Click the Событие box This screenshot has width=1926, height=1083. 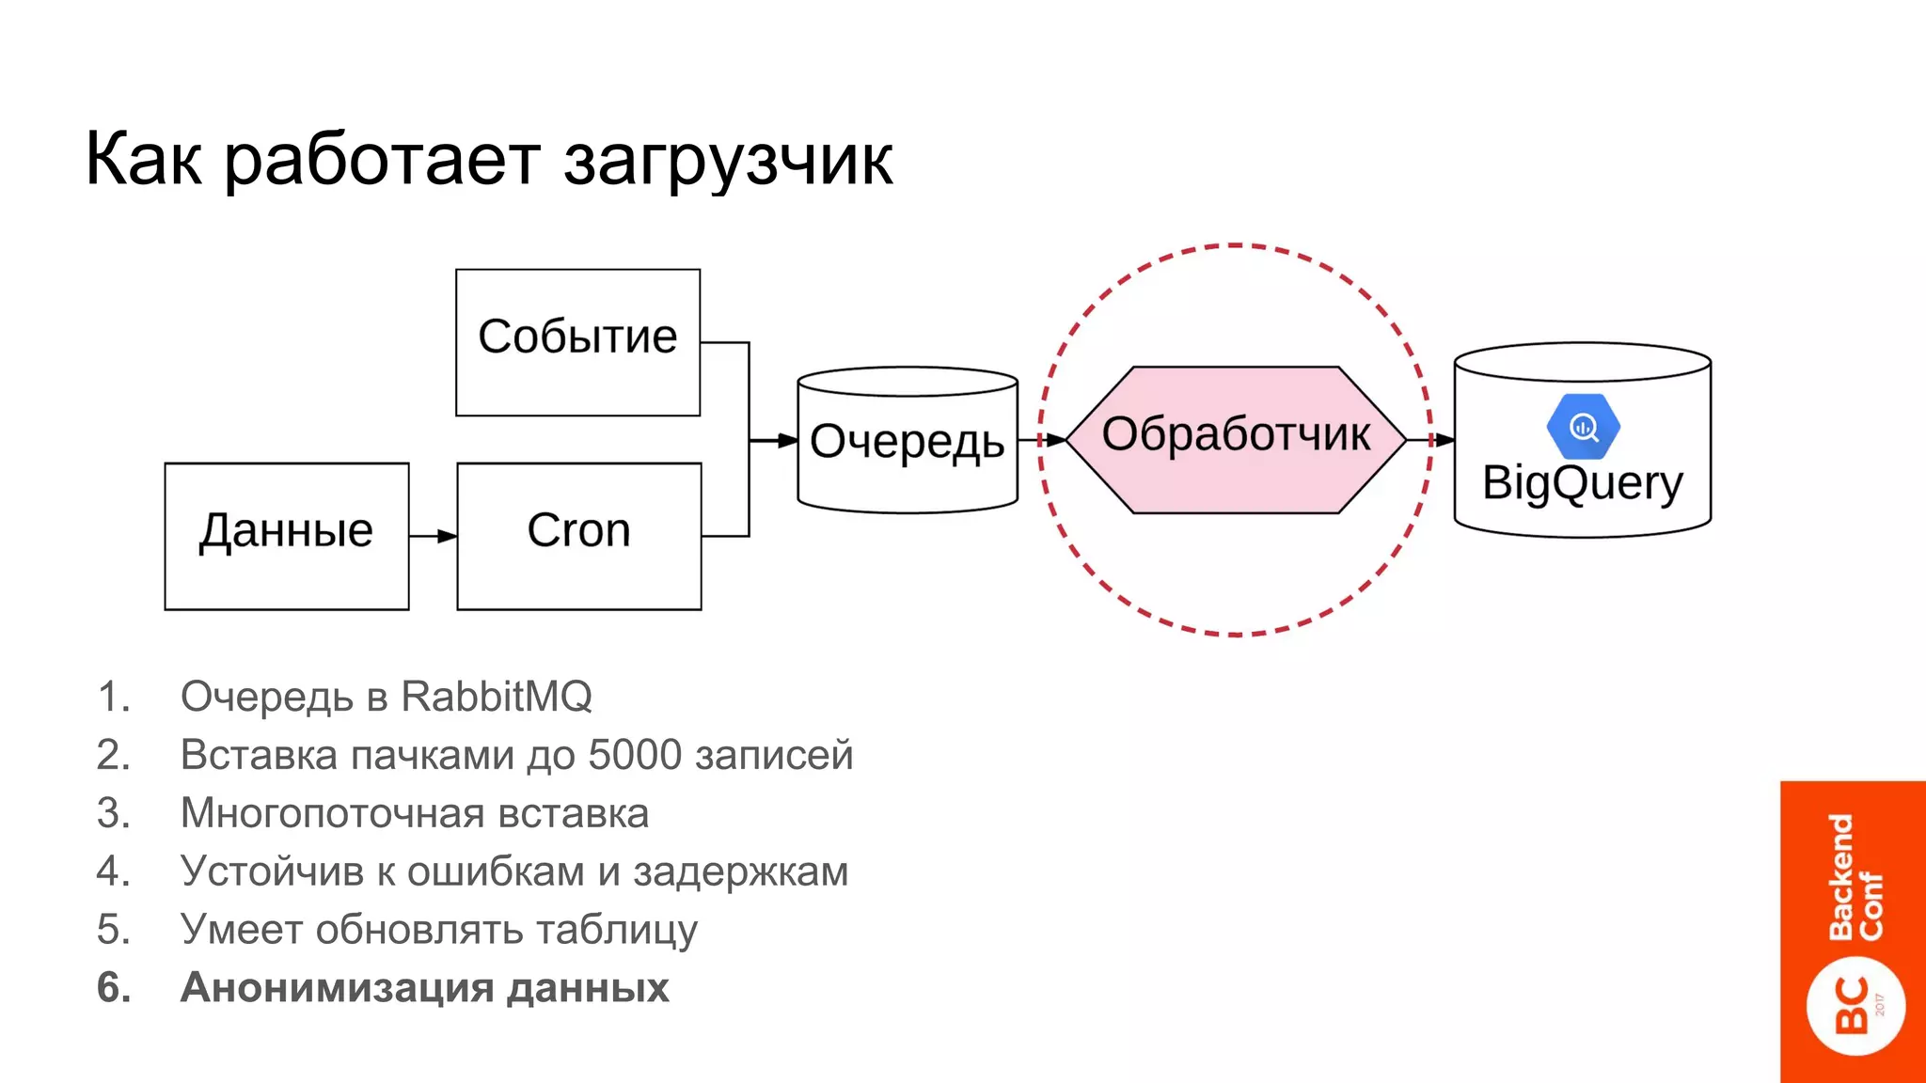(577, 342)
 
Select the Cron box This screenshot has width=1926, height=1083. (578, 536)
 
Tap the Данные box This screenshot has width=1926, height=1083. (286, 536)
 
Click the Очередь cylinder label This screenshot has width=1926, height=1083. (907, 441)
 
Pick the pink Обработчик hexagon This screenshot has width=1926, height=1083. (1235, 438)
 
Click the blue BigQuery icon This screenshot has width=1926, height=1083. (1583, 428)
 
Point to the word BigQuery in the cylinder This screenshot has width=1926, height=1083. (1582, 483)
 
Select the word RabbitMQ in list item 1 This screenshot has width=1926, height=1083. (496, 697)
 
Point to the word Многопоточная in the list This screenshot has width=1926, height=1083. (331, 813)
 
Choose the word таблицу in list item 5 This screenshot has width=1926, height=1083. (616, 930)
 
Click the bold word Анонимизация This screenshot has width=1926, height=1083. (337, 987)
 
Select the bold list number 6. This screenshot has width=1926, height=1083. (113, 987)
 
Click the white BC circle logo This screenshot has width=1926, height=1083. (1855, 1006)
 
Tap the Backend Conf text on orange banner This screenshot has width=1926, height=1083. (1855, 876)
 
